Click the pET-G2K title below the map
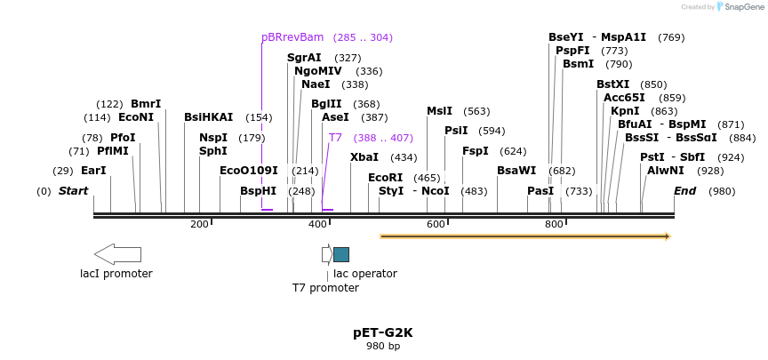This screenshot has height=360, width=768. pos(382,332)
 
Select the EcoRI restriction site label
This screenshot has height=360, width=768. pos(385,178)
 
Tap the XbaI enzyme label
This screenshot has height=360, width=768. pos(364,157)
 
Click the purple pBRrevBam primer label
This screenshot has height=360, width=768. pos(292,37)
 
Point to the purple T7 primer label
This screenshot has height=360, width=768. pos(335,138)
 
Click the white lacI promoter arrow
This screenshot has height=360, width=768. pos(117,254)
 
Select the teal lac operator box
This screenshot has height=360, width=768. pos(341,254)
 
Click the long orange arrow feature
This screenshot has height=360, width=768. pos(524,236)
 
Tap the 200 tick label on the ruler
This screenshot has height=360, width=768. pos(199,224)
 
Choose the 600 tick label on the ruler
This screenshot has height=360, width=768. pos(436,224)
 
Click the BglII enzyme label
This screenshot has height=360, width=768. pos(326,104)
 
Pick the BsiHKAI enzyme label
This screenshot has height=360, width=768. pos(208,117)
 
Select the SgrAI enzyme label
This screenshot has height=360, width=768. pos(304,58)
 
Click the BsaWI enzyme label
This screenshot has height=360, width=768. pos(516,171)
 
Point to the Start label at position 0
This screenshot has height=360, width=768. pos(73,191)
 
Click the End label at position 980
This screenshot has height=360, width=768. pos(684,191)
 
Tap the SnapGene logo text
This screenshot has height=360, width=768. pos(741,7)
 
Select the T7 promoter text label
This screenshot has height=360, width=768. pos(325,288)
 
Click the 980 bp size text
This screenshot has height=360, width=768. pos(382,346)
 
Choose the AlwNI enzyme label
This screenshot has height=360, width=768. pos(665,171)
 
